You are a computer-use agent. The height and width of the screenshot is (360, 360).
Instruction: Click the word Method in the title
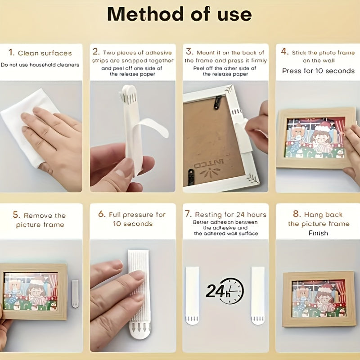145,14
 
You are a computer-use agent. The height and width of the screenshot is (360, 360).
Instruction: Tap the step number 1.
11,52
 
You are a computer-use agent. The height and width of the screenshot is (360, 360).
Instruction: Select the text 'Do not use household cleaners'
40,65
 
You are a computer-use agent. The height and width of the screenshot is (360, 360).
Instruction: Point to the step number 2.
96,51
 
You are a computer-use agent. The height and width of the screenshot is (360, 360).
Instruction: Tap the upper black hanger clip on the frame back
217,102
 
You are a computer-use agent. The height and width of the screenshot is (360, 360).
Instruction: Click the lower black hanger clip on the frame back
191,176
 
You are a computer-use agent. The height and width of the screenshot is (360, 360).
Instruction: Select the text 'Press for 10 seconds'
318,71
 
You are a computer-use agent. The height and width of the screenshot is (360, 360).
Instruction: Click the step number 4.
284,51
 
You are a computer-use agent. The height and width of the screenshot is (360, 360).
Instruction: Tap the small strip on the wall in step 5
75,294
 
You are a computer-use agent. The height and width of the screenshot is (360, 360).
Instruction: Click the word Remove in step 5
38,216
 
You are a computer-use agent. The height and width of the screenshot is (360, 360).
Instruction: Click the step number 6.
102,214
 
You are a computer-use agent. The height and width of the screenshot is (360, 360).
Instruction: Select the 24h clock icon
225,291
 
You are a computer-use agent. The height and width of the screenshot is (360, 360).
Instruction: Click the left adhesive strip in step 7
192,296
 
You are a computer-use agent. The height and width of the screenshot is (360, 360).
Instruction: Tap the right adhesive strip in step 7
258,296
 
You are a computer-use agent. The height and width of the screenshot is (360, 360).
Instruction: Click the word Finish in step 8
318,233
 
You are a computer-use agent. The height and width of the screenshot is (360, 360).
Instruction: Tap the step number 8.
297,214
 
